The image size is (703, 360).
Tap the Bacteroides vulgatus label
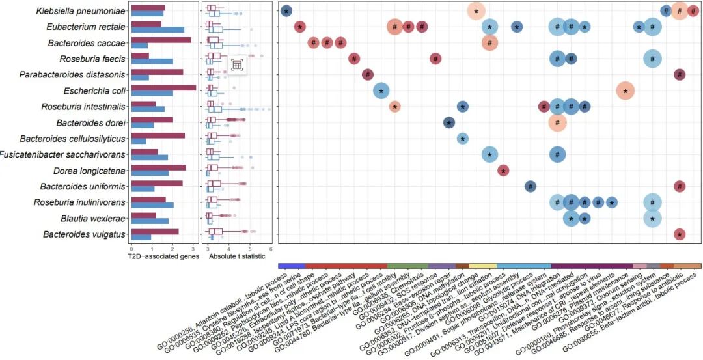tap(85, 234)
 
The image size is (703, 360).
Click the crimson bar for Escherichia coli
tap(163, 87)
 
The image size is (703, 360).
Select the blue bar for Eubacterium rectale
tap(158, 30)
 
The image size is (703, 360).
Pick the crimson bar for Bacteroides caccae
tap(161, 40)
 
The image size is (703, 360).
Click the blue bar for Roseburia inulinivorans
tap(152, 206)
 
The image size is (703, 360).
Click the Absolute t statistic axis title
tap(237, 256)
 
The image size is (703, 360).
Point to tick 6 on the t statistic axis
tap(270, 248)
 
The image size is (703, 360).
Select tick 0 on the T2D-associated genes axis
tap(131, 248)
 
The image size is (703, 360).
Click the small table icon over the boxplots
tap(237, 64)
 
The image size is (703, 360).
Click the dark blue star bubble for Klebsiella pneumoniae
tap(286, 10)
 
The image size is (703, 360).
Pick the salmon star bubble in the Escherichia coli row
tap(625, 90)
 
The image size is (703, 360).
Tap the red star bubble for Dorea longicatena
tap(503, 171)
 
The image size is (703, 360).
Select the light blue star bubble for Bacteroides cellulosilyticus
tap(462, 138)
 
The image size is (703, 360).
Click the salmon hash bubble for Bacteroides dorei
tap(557, 122)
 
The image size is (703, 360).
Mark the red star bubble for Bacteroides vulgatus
tap(680, 234)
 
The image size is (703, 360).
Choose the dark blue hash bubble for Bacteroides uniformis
tap(530, 186)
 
